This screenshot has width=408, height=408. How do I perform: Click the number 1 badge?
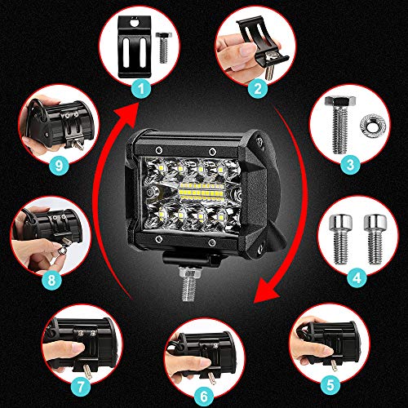(x=141, y=89)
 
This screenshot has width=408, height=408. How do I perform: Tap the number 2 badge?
(x=258, y=88)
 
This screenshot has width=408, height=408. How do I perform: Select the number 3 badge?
(x=350, y=165)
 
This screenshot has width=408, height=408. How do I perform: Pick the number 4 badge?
(x=357, y=277)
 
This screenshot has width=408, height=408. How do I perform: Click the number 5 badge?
(x=330, y=385)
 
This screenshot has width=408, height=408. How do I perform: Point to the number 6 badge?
(x=204, y=397)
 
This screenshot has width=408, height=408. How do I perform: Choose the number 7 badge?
(x=81, y=387)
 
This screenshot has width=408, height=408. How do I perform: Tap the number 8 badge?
(x=51, y=279)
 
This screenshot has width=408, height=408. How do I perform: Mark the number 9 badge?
(x=58, y=165)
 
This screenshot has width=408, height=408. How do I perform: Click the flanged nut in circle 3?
(x=370, y=126)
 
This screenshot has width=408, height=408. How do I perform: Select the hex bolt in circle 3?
(x=339, y=125)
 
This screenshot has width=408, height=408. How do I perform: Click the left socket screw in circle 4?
(x=341, y=239)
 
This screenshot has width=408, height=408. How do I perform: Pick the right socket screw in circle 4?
(x=375, y=239)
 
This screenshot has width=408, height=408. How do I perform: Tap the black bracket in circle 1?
(x=135, y=47)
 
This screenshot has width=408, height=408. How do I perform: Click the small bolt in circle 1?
(x=163, y=47)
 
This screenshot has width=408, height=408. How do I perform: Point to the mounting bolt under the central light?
(x=189, y=283)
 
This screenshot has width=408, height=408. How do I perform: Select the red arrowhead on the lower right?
(x=268, y=291)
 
